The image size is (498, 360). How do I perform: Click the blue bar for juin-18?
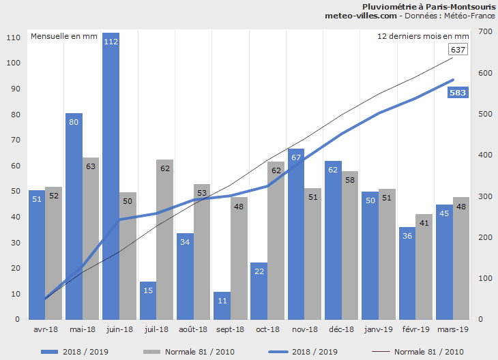[x=111, y=177]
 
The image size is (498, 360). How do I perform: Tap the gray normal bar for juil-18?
[x=164, y=239]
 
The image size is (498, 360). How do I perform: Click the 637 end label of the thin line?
[x=458, y=50]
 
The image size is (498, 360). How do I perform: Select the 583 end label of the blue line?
[x=458, y=93]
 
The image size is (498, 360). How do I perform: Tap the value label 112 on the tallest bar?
[x=111, y=42]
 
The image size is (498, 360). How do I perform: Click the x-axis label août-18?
[x=194, y=329]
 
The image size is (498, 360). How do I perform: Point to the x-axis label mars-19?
[x=452, y=329]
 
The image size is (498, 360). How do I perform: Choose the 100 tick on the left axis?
[x=13, y=63]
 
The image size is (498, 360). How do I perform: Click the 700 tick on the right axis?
[x=485, y=32]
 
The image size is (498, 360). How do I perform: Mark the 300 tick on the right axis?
[x=485, y=196]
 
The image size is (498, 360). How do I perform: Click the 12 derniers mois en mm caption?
[x=423, y=36]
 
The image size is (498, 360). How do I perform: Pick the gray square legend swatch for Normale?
[x=150, y=352]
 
